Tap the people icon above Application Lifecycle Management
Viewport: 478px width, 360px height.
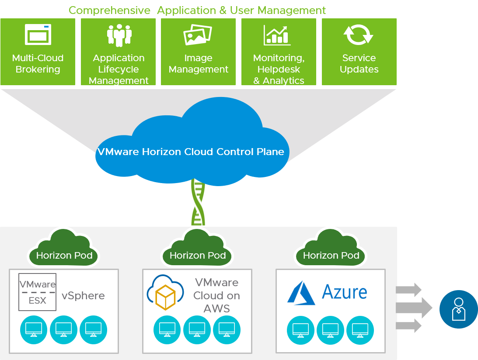point(119,35)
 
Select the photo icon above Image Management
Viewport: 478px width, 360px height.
point(198,35)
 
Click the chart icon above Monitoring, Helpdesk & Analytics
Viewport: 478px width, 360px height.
point(277,35)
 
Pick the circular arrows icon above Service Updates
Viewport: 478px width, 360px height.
point(358,35)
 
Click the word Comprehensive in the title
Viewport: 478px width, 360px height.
point(109,10)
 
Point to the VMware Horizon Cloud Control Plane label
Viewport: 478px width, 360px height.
point(191,152)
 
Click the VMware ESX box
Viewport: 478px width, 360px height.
point(38,292)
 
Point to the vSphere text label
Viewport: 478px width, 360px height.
point(83,296)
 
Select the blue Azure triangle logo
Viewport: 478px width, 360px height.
point(301,292)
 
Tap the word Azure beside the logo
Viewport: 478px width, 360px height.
point(344,291)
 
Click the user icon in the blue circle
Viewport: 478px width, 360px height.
point(458,309)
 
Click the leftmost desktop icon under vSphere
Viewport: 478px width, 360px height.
point(34,329)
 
